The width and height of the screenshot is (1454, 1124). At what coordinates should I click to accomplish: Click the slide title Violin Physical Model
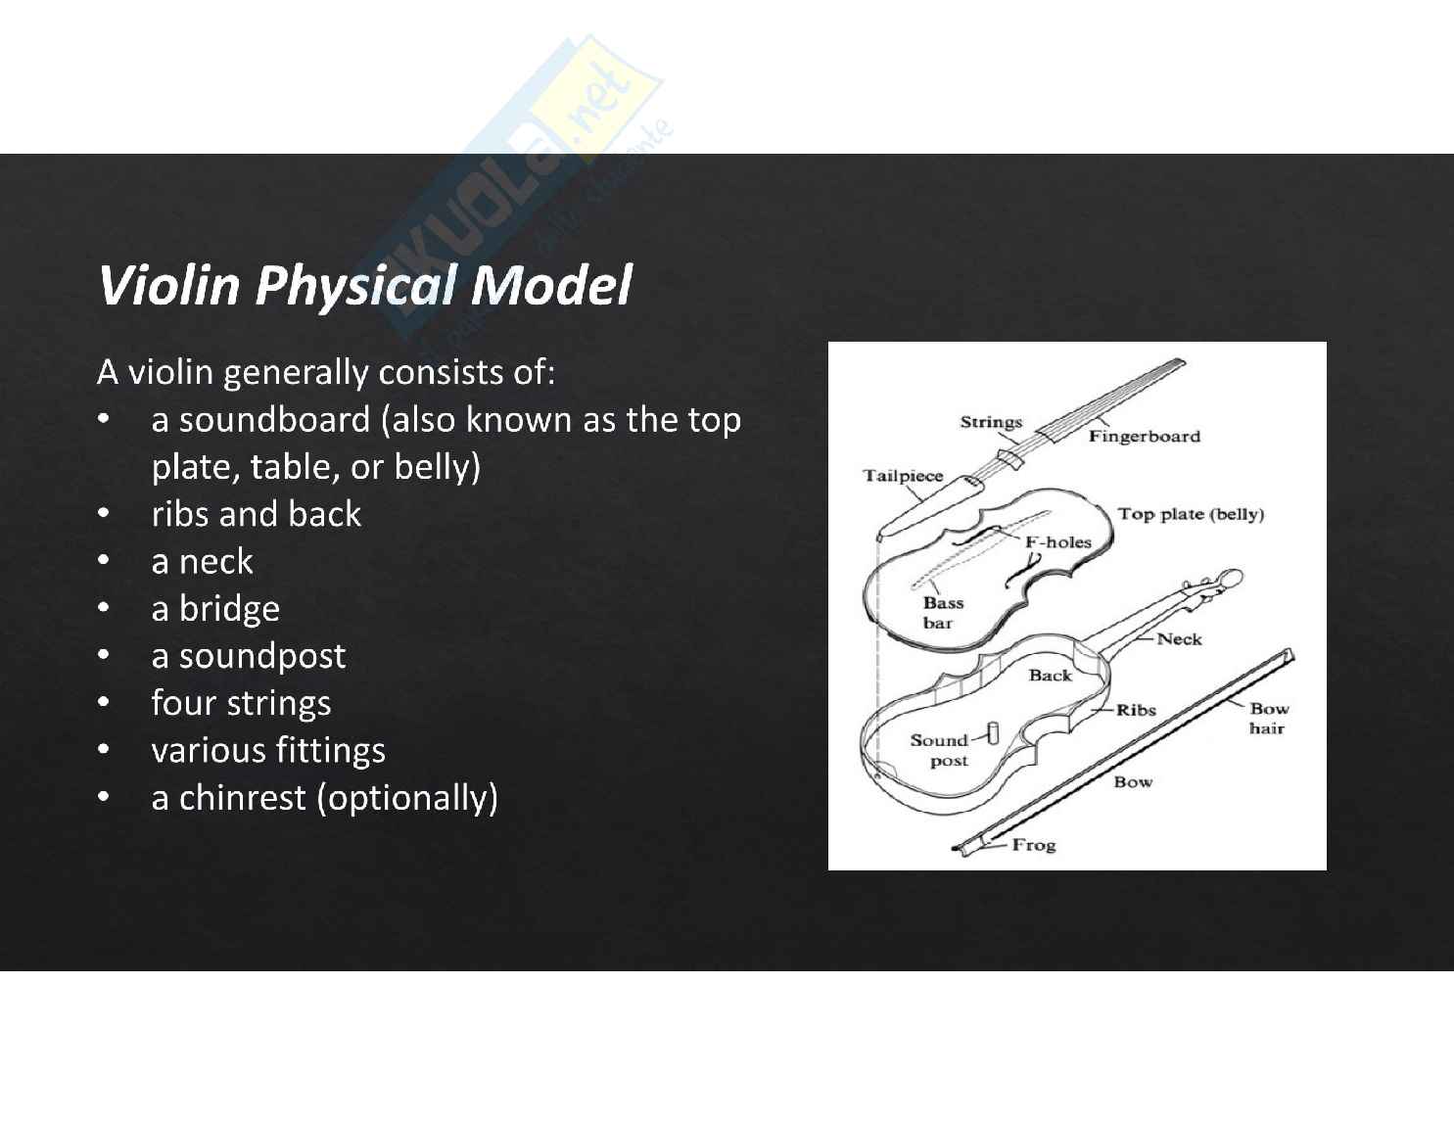(x=364, y=285)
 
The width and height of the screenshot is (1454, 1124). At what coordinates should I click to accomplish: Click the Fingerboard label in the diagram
(x=1144, y=437)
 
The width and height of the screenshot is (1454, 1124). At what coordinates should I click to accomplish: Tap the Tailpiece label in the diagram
(x=902, y=477)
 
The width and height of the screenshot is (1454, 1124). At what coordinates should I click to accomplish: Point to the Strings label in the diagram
(x=990, y=423)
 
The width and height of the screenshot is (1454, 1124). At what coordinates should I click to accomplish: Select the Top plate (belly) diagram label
(x=1191, y=514)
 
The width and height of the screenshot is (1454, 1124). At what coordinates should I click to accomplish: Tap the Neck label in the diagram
(x=1179, y=639)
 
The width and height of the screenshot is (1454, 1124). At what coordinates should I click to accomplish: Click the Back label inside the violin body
(x=1050, y=676)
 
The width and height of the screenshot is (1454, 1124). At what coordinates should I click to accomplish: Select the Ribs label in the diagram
(x=1136, y=710)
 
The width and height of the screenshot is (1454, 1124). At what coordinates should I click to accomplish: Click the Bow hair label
(x=1268, y=719)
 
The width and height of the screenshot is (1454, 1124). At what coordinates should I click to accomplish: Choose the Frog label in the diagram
(x=1033, y=845)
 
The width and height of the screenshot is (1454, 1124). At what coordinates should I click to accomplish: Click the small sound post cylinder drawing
(x=991, y=733)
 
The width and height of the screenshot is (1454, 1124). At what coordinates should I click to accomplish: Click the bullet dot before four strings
(x=102, y=703)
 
